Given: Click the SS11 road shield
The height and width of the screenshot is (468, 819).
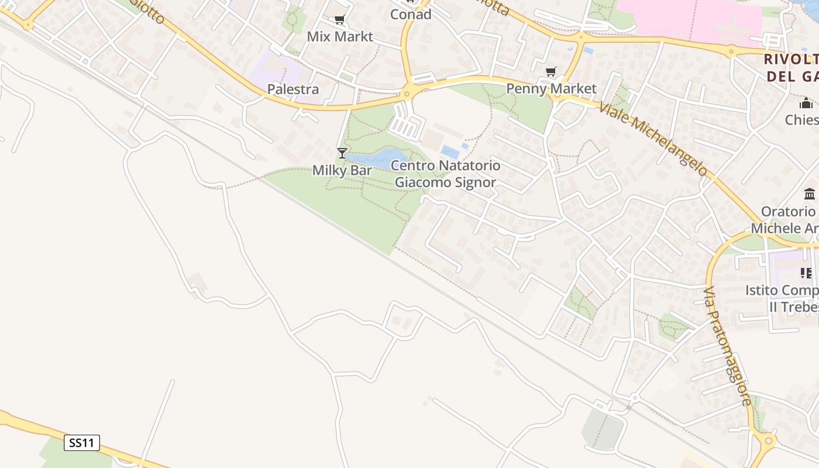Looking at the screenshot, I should click(x=81, y=443).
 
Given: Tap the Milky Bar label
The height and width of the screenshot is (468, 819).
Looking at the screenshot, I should click(x=342, y=170).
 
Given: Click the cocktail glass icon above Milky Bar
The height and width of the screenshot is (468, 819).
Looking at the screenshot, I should click(x=342, y=153).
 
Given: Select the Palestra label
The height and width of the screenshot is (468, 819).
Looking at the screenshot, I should click(x=293, y=90).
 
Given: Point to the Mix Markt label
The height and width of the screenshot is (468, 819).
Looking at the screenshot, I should click(x=340, y=36).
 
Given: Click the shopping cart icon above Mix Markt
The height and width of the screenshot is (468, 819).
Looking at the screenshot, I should click(x=340, y=20).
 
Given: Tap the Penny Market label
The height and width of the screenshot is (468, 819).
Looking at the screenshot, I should click(x=551, y=88).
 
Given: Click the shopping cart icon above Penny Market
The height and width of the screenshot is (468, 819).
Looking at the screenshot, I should click(x=550, y=72).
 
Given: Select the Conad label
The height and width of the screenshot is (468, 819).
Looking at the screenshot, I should click(x=411, y=15).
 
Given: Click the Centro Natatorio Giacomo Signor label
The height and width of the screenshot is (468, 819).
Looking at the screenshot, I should click(x=445, y=174).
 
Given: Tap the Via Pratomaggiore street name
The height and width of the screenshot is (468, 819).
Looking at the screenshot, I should click(x=727, y=346).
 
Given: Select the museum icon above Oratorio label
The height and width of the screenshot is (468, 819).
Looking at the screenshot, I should click(x=810, y=194).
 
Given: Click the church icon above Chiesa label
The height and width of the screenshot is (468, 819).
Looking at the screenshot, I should click(x=806, y=104).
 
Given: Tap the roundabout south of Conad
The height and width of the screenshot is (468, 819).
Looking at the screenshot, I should click(x=409, y=92).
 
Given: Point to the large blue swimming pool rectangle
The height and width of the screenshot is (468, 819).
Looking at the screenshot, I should click(x=450, y=152).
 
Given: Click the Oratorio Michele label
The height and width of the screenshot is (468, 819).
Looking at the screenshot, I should click(x=787, y=220).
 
